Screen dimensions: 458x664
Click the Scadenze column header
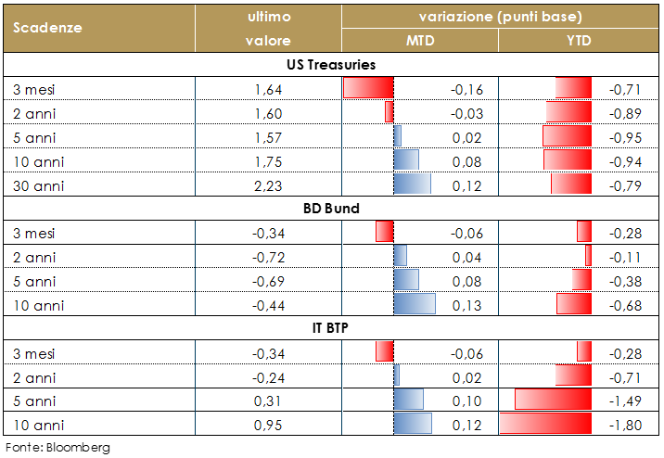pyautogui.click(x=48, y=27)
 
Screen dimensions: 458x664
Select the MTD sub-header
pyautogui.click(x=420, y=41)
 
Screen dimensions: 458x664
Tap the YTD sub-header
pyautogui.click(x=579, y=41)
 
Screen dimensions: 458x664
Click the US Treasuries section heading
pyautogui.click(x=331, y=65)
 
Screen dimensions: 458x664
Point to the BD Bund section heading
pyautogui.click(x=331, y=209)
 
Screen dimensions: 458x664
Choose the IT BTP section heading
pyautogui.click(x=331, y=329)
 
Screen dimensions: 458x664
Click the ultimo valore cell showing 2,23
pyautogui.click(x=267, y=185)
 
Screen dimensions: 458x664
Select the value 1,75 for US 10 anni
pyautogui.click(x=267, y=161)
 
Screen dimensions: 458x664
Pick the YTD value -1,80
pyautogui.click(x=624, y=426)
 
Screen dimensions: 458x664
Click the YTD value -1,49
pyautogui.click(x=624, y=401)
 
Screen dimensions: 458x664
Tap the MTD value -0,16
pyautogui.click(x=466, y=89)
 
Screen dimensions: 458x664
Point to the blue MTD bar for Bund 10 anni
pyautogui.click(x=415, y=304)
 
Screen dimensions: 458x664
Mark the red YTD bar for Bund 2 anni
pyautogui.click(x=588, y=256)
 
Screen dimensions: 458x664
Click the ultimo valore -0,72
pyautogui.click(x=267, y=257)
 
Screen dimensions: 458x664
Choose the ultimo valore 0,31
pyautogui.click(x=267, y=401)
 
